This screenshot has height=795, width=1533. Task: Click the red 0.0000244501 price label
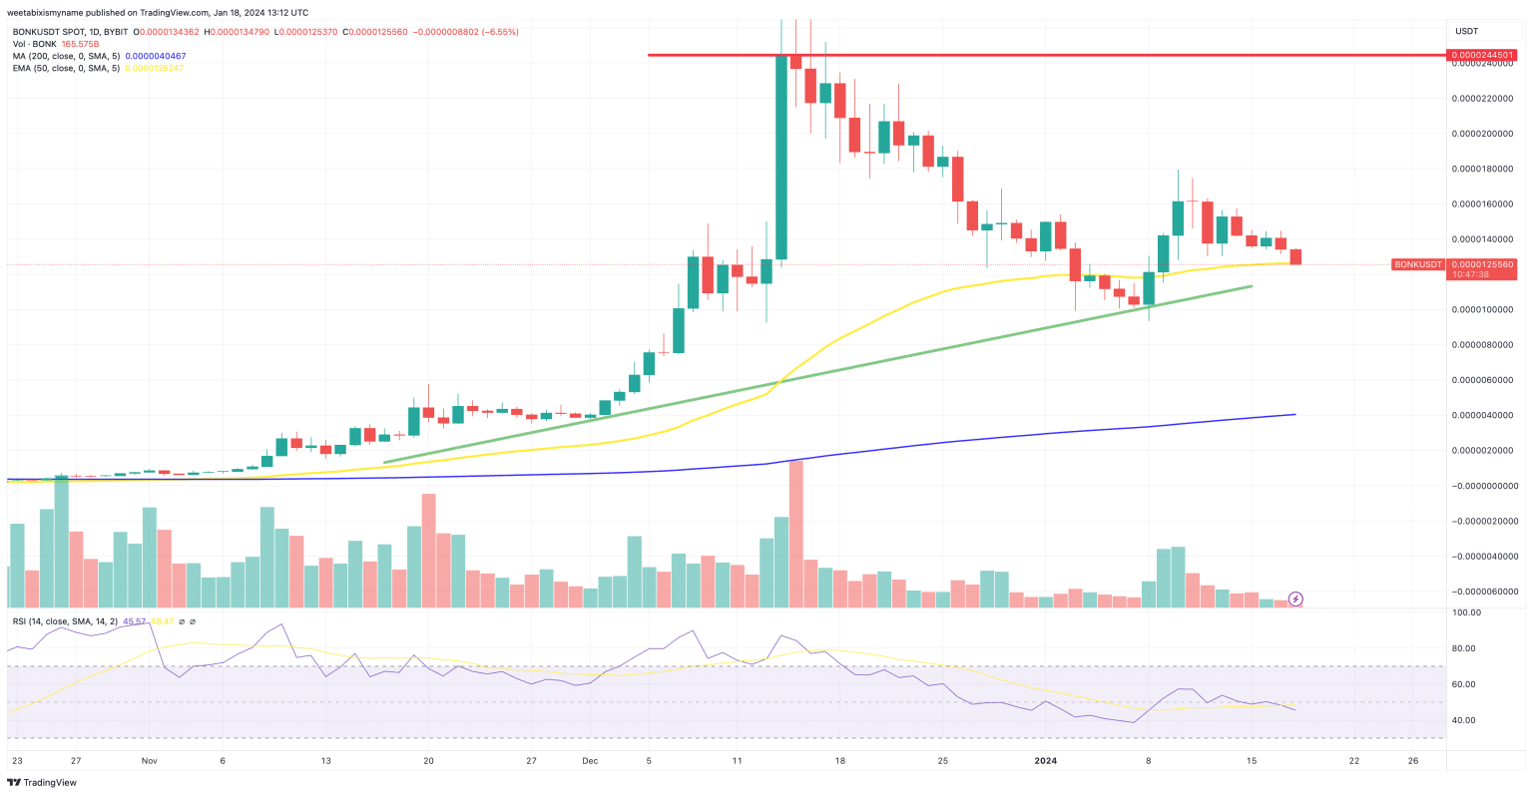point(1483,55)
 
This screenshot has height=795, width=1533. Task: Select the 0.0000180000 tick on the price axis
point(1483,169)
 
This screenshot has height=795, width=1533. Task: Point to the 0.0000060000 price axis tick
point(1483,380)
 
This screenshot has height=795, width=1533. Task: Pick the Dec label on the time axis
point(590,760)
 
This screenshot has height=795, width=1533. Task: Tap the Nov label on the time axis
point(150,760)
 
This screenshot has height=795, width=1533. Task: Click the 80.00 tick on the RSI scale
point(1465,649)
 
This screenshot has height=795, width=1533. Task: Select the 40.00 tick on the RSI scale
point(1465,720)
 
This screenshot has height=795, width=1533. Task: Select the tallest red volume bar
point(795,534)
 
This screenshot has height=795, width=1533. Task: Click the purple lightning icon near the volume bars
point(1295,598)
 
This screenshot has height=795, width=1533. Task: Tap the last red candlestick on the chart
point(1295,257)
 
